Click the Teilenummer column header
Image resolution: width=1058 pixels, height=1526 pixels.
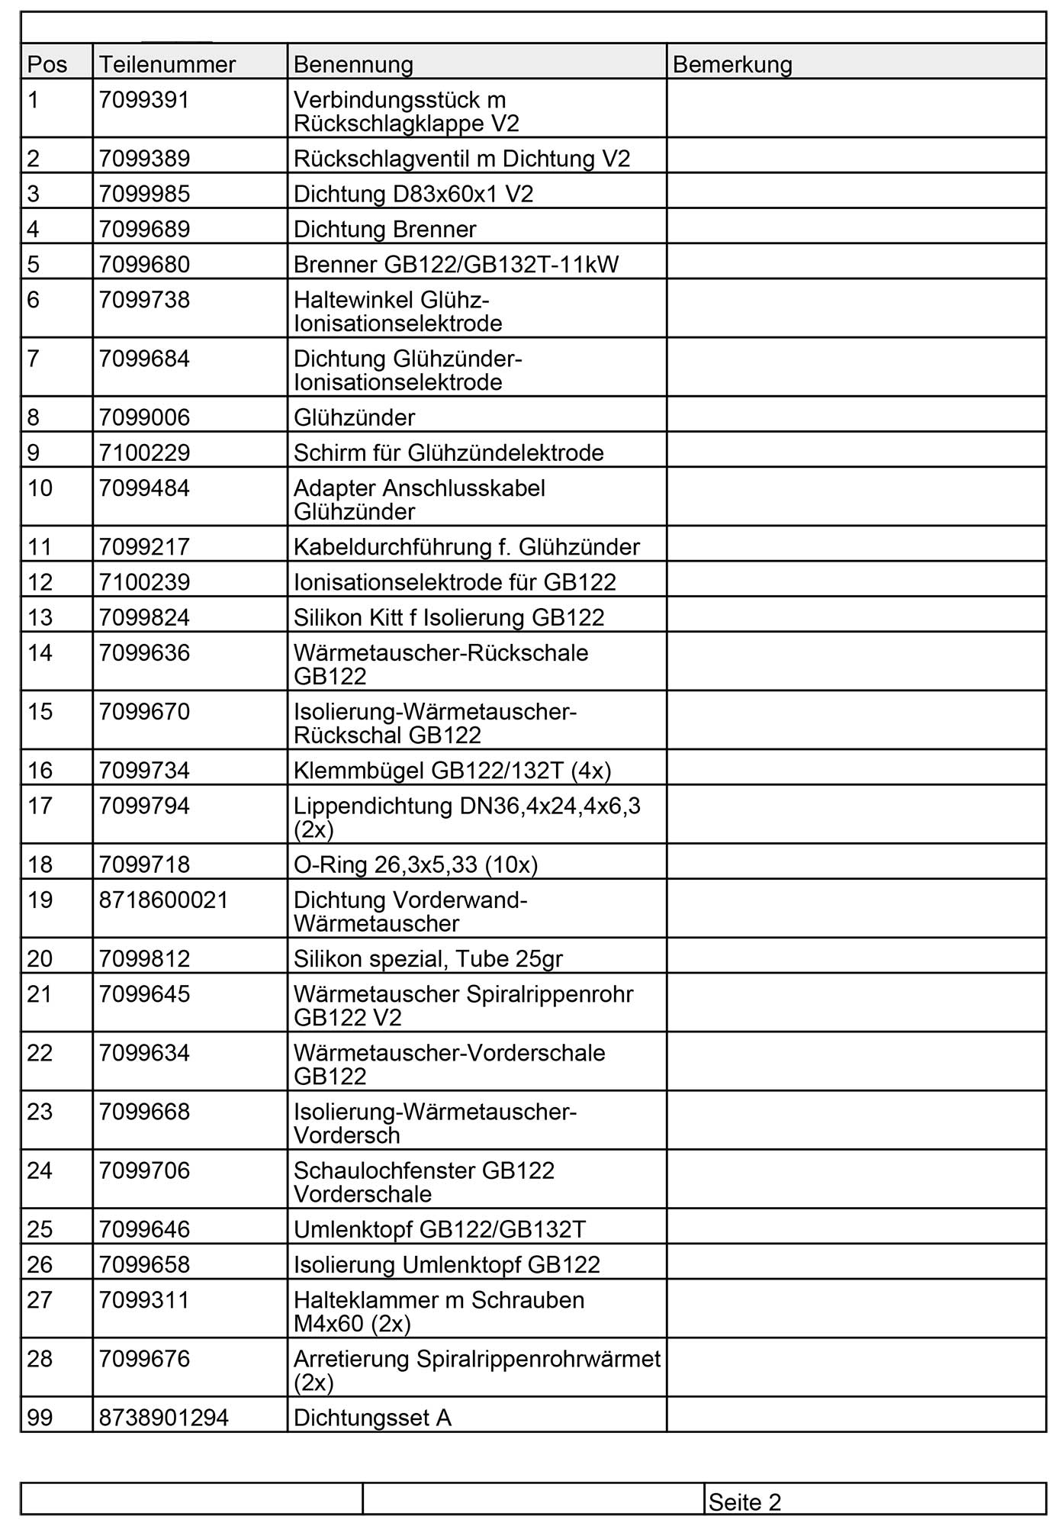tap(167, 64)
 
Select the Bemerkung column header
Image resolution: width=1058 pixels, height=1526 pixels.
tap(732, 64)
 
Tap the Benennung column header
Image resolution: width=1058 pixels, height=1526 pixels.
tap(353, 64)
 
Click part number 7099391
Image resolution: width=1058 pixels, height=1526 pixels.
tap(144, 100)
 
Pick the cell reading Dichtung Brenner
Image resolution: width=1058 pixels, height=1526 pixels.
tap(385, 229)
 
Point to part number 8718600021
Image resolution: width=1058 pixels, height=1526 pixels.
tap(164, 900)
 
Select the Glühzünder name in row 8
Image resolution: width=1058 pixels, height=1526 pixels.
tap(355, 417)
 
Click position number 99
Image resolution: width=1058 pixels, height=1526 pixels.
tap(40, 1418)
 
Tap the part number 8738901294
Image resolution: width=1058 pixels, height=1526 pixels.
tap(164, 1418)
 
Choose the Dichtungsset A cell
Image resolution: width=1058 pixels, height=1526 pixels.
tap(373, 1418)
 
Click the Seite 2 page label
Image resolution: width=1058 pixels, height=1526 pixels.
tap(744, 1502)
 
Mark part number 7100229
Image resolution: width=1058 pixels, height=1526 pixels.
tap(144, 452)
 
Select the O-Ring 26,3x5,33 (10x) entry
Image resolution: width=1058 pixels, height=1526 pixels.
tap(416, 864)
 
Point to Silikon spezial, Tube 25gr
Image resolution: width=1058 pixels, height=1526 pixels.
tap(428, 958)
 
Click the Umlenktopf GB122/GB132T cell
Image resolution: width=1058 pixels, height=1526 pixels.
tap(440, 1229)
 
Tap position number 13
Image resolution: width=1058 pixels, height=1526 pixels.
tap(40, 617)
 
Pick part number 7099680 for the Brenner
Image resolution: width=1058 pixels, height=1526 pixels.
tap(144, 264)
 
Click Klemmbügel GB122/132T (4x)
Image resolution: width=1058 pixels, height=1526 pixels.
tap(452, 771)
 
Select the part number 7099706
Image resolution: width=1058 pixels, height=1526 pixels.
tap(144, 1170)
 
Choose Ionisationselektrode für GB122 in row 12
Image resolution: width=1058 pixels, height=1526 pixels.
tap(455, 582)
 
